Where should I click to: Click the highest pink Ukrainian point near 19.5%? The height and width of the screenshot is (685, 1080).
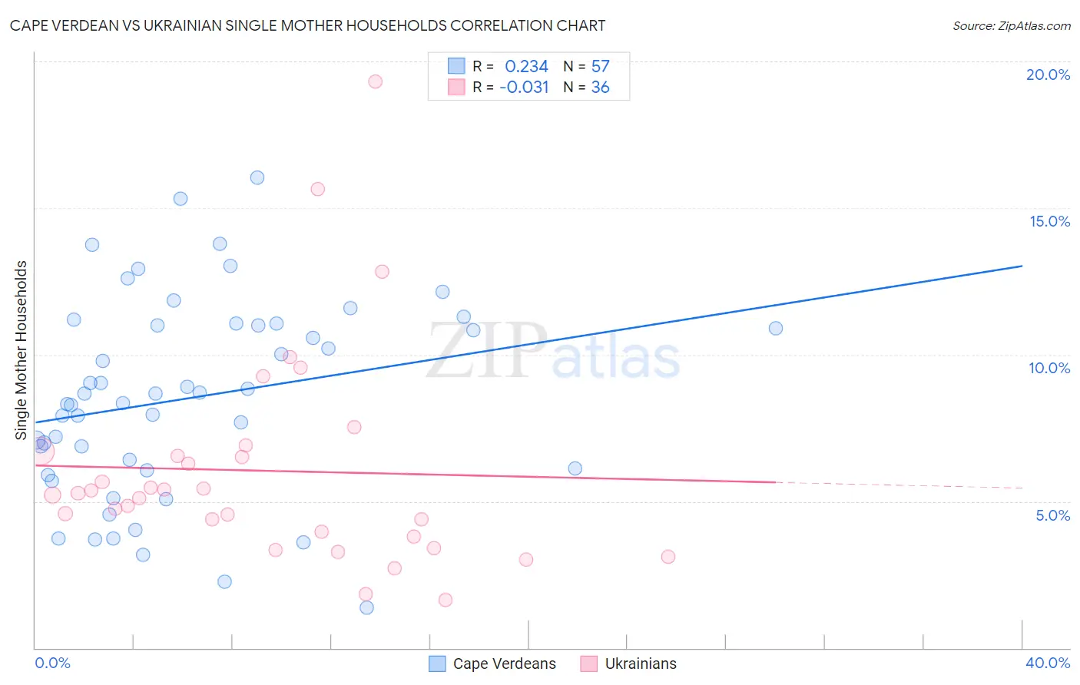pyautogui.click(x=375, y=81)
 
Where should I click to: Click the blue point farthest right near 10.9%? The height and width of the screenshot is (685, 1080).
pyautogui.click(x=776, y=328)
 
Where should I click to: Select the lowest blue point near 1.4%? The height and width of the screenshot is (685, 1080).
pyautogui.click(x=366, y=607)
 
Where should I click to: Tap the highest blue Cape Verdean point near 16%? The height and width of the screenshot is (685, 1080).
pyautogui.click(x=257, y=177)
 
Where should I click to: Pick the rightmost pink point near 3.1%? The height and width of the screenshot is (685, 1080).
pyautogui.click(x=668, y=557)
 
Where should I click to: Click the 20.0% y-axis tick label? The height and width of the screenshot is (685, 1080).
pyautogui.click(x=1048, y=74)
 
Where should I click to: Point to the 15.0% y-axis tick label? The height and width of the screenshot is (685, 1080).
pyautogui.click(x=1049, y=221)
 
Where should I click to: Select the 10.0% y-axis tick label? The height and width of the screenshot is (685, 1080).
pyautogui.click(x=1049, y=368)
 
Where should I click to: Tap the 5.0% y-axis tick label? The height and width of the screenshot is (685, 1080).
pyautogui.click(x=1052, y=515)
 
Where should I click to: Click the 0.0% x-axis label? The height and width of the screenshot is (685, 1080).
pyautogui.click(x=52, y=663)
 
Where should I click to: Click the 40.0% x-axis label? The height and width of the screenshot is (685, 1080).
pyautogui.click(x=1047, y=663)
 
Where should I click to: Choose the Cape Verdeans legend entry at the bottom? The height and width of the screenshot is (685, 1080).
pyautogui.click(x=504, y=663)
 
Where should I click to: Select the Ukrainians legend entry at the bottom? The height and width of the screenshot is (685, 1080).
pyautogui.click(x=641, y=663)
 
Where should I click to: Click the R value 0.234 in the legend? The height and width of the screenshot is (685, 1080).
pyautogui.click(x=526, y=67)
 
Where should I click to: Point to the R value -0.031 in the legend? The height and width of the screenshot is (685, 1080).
pyautogui.click(x=524, y=88)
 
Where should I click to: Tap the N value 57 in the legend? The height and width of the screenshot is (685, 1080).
pyautogui.click(x=600, y=67)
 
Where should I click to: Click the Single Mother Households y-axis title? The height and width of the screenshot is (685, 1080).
pyautogui.click(x=22, y=350)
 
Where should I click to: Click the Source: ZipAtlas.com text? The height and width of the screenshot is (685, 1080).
pyautogui.click(x=1011, y=26)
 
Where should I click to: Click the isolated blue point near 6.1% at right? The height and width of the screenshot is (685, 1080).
pyautogui.click(x=575, y=468)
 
